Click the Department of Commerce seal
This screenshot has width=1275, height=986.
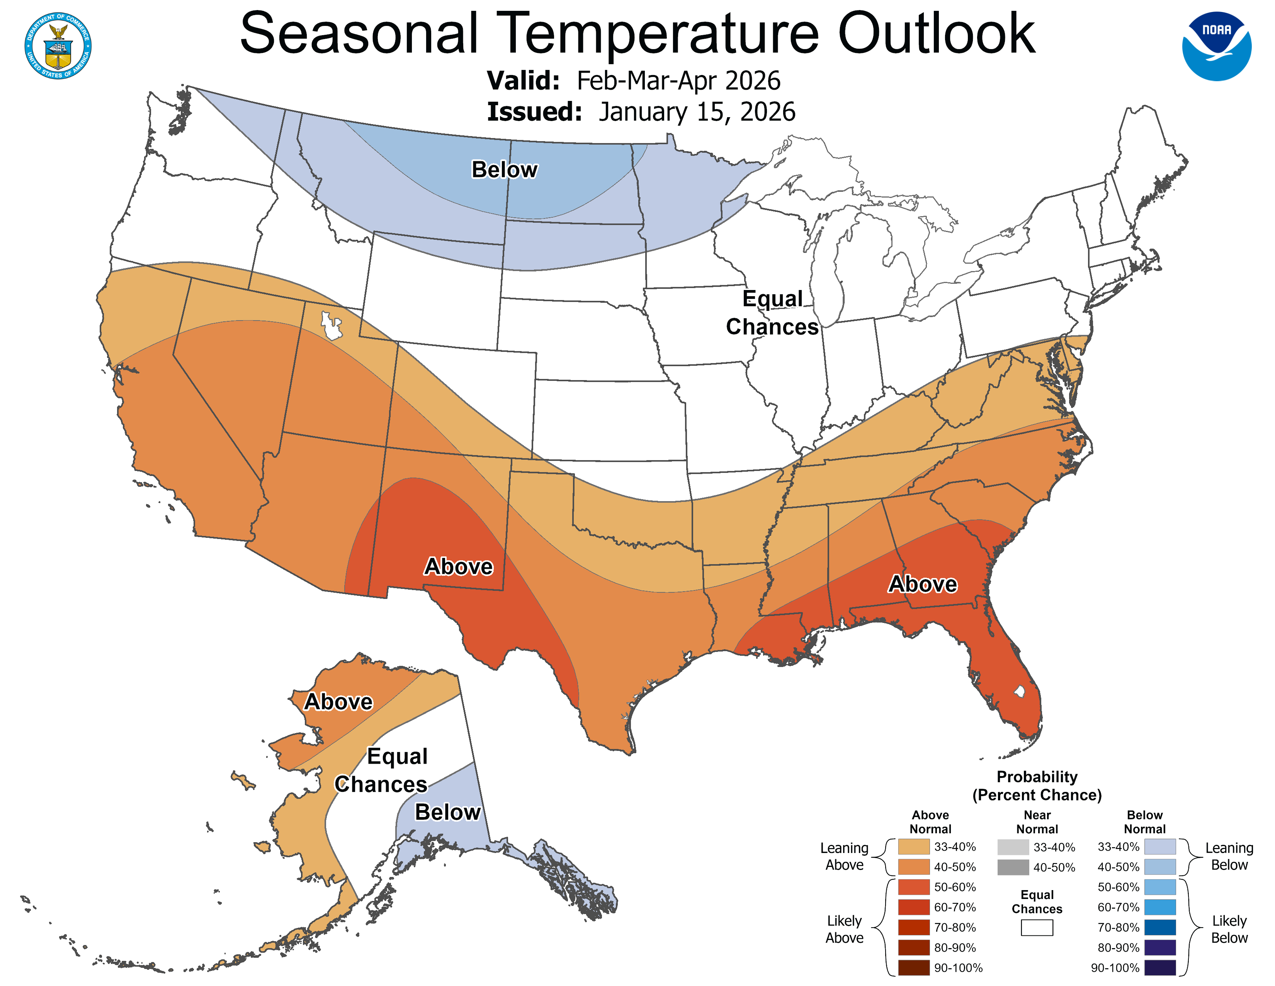click(58, 46)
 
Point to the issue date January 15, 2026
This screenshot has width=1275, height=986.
click(697, 112)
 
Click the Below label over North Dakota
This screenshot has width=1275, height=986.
click(504, 169)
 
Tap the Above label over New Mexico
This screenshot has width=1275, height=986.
click(458, 566)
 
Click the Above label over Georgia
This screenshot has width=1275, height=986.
click(922, 583)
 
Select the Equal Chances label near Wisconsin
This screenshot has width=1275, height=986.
click(772, 312)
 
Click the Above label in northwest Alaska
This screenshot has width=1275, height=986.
click(338, 701)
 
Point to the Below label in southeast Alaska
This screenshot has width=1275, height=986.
click(447, 812)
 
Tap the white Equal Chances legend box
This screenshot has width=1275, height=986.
click(1037, 928)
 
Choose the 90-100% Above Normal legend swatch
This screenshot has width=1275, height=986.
click(914, 968)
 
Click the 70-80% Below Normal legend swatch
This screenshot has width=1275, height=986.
click(1159, 928)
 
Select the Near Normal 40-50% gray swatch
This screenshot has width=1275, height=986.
click(1013, 867)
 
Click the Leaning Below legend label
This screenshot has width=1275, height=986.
click(1229, 856)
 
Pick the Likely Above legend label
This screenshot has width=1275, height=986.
click(844, 929)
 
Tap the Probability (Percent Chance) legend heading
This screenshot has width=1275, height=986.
click(1037, 786)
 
